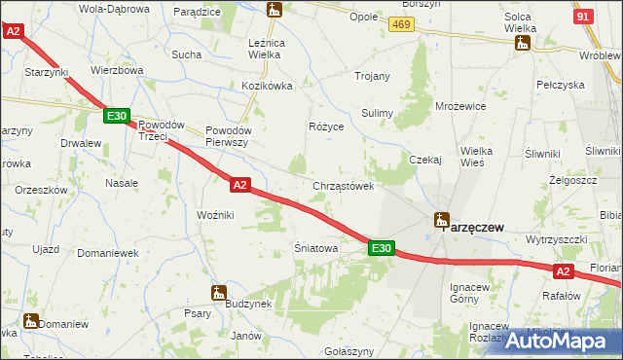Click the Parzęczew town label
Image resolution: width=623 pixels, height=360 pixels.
click(474, 227)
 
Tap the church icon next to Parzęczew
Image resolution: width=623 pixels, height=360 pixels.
click(441, 220)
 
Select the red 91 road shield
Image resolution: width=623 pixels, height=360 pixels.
click(583, 18)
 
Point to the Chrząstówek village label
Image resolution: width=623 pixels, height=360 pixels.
click(344, 186)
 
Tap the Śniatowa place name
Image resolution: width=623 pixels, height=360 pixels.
click(316, 249)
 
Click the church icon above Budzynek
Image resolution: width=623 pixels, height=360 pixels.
click(218, 291)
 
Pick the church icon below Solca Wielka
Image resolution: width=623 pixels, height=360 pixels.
click(522, 43)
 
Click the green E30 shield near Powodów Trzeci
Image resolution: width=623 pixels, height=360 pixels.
click(117, 117)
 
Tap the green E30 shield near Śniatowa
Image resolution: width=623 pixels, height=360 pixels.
click(381, 249)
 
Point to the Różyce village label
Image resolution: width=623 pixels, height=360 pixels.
click(326, 127)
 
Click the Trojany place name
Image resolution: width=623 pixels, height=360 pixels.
click(373, 76)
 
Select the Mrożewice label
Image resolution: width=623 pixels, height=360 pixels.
click(460, 105)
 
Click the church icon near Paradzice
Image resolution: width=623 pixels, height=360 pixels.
click(275, 10)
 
